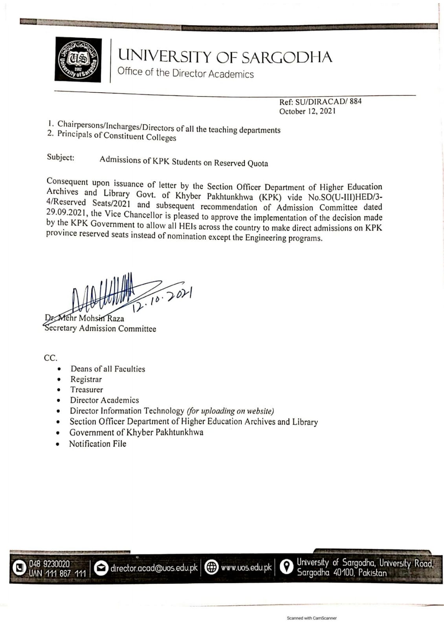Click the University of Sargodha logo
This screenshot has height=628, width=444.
(x=78, y=60)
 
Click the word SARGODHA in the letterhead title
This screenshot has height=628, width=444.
(x=286, y=57)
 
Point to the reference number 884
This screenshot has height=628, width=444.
(x=355, y=101)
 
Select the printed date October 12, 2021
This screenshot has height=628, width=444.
(x=307, y=111)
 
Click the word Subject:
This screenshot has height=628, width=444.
(x=61, y=157)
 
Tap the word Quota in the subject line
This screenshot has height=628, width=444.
(x=257, y=163)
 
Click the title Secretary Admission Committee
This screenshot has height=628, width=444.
(x=100, y=329)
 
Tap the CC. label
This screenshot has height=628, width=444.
(x=51, y=358)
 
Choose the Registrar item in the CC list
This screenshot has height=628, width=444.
(x=86, y=379)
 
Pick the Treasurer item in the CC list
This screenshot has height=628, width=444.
(x=86, y=390)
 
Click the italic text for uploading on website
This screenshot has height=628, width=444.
(x=230, y=411)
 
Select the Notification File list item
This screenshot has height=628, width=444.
(x=98, y=444)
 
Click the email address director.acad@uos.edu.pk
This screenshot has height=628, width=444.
(x=154, y=568)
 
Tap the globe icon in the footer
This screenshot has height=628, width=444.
(x=212, y=568)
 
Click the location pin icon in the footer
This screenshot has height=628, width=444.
(x=287, y=566)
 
